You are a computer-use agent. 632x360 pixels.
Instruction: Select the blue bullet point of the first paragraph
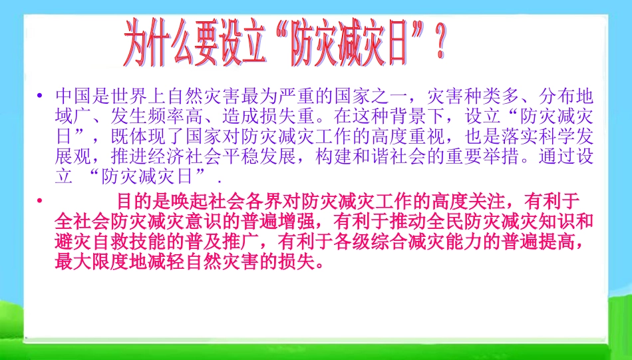(x=41, y=96)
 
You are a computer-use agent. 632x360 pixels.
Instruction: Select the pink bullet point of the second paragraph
(x=41, y=200)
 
